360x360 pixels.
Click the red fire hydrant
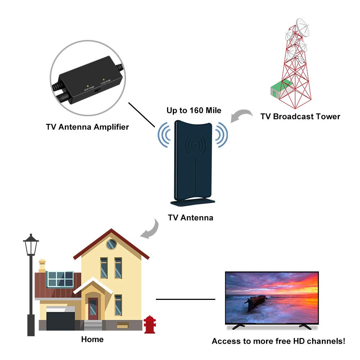(149, 324)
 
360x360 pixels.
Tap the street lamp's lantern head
(31, 246)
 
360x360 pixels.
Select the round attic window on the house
(112, 244)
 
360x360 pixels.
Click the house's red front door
(93, 309)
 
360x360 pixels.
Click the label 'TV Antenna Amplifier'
(87, 127)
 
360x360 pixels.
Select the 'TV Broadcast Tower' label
(300, 116)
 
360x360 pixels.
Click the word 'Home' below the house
(92, 339)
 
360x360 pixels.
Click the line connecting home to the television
(185, 299)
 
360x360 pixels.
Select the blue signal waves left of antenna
(164, 135)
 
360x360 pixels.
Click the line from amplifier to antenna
(141, 114)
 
